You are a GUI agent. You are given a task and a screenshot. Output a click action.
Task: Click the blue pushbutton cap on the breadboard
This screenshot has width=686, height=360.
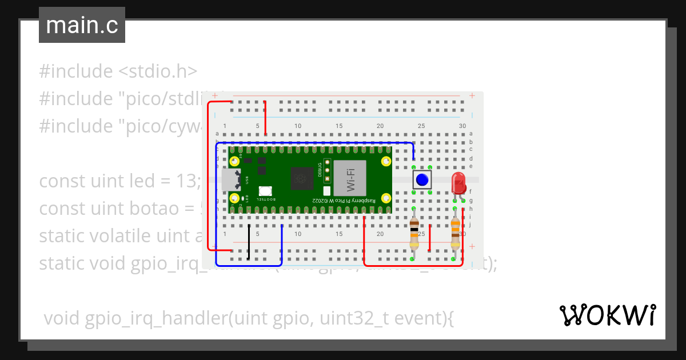click(x=422, y=179)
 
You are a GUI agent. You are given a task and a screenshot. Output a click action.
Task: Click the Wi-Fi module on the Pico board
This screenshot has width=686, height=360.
click(x=349, y=178)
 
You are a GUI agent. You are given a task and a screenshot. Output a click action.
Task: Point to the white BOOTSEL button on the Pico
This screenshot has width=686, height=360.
click(x=265, y=191)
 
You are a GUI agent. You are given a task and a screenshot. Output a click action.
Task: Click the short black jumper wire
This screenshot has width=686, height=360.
click(x=249, y=242)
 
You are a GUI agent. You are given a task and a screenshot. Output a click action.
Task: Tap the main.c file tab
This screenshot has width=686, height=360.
click(x=82, y=25)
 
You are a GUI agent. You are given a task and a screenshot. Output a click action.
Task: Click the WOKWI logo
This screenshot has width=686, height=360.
click(x=607, y=315)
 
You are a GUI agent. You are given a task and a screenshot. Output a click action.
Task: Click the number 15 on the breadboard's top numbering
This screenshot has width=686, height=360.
click(x=339, y=126)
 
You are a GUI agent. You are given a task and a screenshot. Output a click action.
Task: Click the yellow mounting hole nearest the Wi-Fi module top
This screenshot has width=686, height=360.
click(x=386, y=161)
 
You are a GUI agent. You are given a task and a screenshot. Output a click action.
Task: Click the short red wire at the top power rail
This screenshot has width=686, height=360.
click(x=265, y=118)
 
